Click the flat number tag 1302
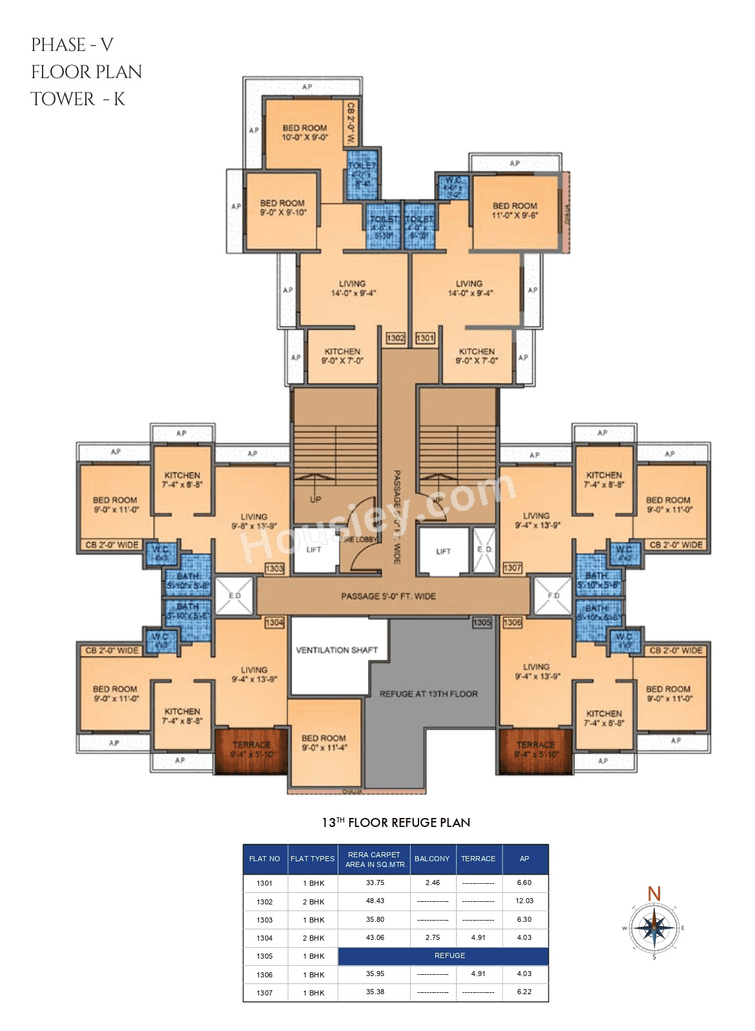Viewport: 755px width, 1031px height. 395,338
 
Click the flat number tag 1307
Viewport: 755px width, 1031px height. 512,567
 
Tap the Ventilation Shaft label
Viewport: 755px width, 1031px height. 336,650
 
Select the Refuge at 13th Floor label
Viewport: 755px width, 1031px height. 428,694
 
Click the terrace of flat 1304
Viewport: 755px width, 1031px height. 251,750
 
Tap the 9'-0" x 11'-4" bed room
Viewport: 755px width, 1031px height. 324,743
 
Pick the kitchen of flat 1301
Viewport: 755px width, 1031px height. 477,356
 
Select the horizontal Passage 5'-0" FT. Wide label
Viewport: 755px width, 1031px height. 388,596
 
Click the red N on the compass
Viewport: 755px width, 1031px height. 654,893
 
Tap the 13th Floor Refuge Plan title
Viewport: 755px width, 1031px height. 396,822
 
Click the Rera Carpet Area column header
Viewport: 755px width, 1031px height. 375,859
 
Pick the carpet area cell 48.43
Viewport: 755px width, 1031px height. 375,901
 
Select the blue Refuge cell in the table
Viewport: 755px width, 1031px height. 450,955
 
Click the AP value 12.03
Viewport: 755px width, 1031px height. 524,901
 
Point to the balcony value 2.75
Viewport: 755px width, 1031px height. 432,937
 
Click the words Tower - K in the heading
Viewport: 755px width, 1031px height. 78,99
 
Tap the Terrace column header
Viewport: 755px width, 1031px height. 478,859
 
